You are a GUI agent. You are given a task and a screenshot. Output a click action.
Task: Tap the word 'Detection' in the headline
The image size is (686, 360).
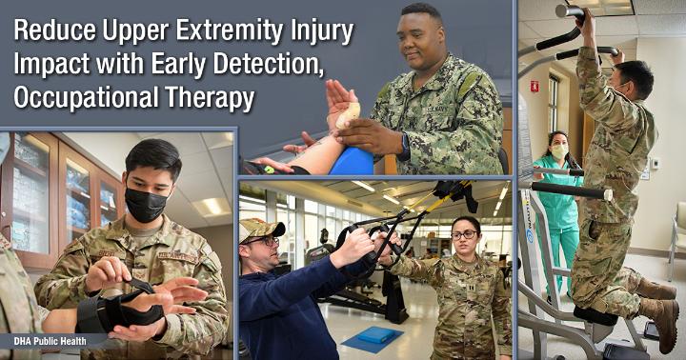tap(268, 65)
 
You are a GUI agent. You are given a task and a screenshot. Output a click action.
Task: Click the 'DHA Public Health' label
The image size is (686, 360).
tap(50, 341)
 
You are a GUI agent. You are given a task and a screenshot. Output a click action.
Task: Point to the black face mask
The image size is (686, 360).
tap(146, 204)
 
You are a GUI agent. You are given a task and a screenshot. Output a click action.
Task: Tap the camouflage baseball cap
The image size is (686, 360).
tap(261, 229)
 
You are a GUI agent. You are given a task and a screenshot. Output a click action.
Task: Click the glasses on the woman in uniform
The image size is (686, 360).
tap(464, 235)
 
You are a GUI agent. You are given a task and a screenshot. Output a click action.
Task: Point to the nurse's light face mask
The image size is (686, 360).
tap(558, 151)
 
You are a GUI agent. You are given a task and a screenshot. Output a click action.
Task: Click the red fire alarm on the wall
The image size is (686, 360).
tap(535, 86)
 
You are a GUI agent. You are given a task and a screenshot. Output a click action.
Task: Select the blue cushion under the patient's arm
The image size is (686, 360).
tap(352, 161)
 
